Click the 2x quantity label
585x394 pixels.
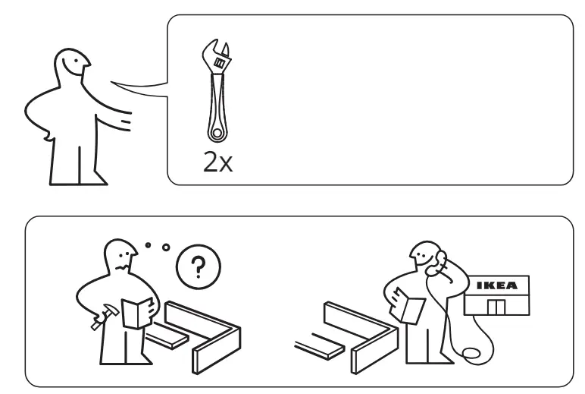click(218, 162)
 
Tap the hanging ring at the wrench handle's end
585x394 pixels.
click(217, 132)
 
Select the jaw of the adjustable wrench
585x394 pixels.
click(217, 52)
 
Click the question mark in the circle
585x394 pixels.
click(198, 267)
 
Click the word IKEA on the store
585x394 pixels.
click(497, 285)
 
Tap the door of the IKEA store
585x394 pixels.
click(496, 307)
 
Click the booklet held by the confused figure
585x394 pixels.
click(137, 313)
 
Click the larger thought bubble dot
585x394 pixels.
click(166, 247)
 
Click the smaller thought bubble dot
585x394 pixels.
click(148, 245)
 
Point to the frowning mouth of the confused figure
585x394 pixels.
click(122, 268)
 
